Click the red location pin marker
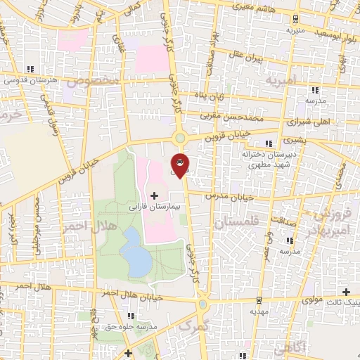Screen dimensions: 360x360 click(x=179, y=164)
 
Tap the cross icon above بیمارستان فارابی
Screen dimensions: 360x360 click(x=155, y=195)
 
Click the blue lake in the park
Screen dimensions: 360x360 click(x=136, y=253)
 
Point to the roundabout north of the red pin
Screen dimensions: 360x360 click(x=180, y=138)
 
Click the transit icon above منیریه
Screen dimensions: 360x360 click(x=295, y=19)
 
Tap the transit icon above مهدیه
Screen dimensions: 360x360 click(x=258, y=300)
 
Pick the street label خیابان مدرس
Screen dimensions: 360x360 click(x=229, y=196)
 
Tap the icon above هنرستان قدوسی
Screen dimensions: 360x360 click(x=30, y=69)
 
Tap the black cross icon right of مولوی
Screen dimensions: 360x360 click(x=346, y=292)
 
